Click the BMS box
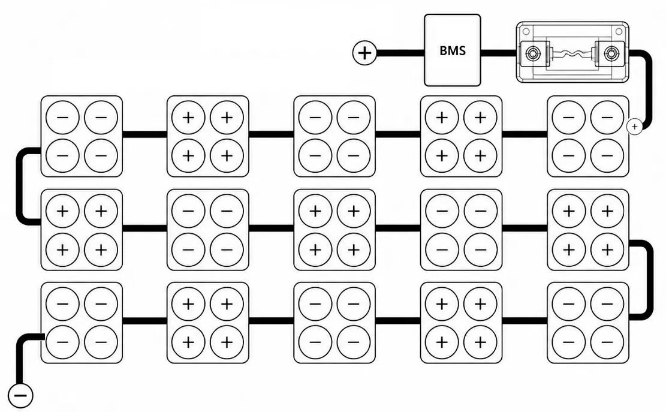pos(453,50)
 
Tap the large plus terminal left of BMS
pos(364,53)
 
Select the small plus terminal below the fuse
pos(635,127)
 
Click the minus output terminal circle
pos(20,396)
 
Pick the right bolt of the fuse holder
pos(611,53)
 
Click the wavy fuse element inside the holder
pos(572,54)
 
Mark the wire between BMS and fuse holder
pos(499,53)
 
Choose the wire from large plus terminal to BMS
pos(400,53)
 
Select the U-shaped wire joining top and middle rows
pos(19,186)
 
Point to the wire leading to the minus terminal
pos(20,357)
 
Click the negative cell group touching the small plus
pos(588,136)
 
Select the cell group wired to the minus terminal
pos(82,323)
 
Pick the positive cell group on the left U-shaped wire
pos(82,230)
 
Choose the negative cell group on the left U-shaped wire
pos(82,136)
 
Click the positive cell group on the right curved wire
pos(588,230)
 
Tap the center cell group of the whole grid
pos(334,230)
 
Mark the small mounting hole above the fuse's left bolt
pos(526,31)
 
